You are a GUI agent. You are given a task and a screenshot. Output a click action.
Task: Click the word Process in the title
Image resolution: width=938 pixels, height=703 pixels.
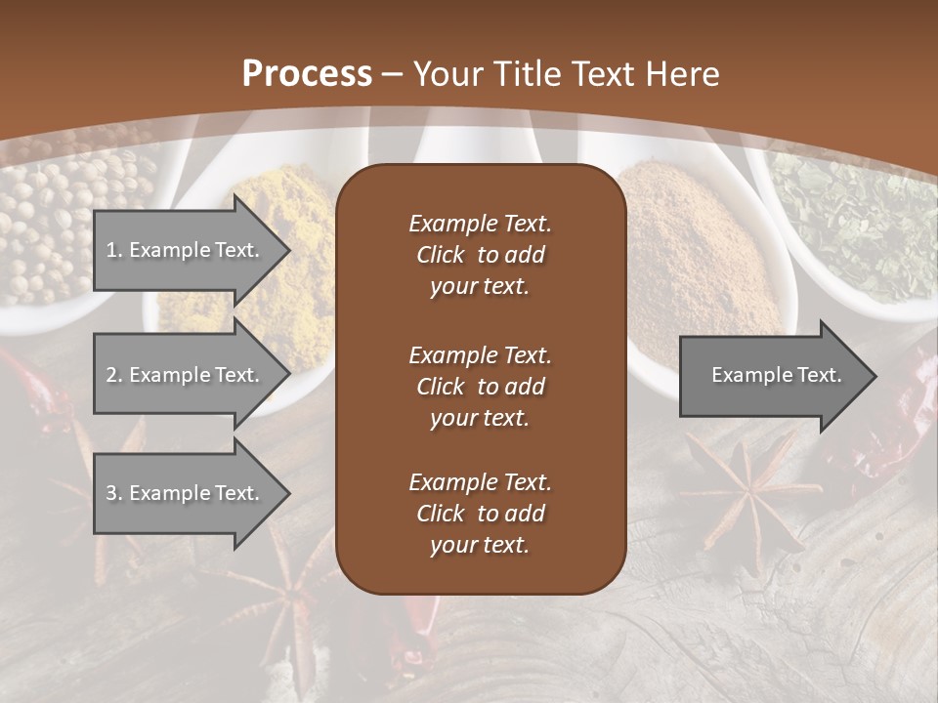pyautogui.click(x=307, y=73)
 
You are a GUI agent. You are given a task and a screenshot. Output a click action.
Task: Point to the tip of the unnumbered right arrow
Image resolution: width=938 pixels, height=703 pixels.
pyautogui.click(x=874, y=376)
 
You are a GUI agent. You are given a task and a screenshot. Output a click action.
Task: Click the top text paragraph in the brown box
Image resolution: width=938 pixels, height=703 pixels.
pyautogui.click(x=480, y=255)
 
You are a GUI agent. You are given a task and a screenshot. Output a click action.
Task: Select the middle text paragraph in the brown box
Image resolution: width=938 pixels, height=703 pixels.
pyautogui.click(x=480, y=387)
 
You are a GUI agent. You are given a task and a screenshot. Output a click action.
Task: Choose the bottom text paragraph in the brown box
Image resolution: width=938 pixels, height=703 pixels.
pyautogui.click(x=480, y=514)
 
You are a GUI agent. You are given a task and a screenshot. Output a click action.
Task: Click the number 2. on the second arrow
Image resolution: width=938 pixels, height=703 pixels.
pyautogui.click(x=113, y=375)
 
